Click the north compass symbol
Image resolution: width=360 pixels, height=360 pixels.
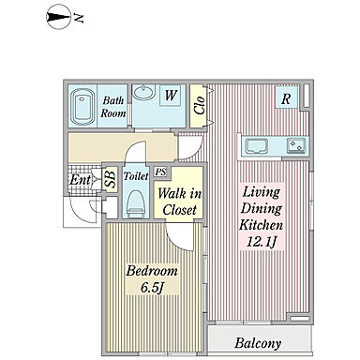pyautogui.click(x=58, y=18)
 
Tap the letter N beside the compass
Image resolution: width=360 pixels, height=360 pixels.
pyautogui.click(x=79, y=19)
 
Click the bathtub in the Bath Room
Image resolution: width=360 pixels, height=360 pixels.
pyautogui.click(x=82, y=107)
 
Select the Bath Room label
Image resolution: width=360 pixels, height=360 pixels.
pyautogui.click(x=112, y=107)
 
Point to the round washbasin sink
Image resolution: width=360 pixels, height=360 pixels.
pyautogui.click(x=143, y=92)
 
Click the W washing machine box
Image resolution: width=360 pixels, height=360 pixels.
pyautogui.click(x=171, y=95)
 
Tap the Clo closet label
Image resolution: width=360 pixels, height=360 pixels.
pyautogui.click(x=199, y=105)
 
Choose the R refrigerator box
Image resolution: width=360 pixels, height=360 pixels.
pyautogui.click(x=286, y=98)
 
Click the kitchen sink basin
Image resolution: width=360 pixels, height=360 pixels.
pyautogui.click(x=257, y=146)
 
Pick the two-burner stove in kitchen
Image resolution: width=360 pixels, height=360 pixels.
pyautogui.click(x=296, y=146)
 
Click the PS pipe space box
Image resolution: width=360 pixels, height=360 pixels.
pyautogui.click(x=161, y=172)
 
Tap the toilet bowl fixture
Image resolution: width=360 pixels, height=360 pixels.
pyautogui.click(x=136, y=203)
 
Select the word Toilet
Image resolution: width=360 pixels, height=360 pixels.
pyautogui.click(x=136, y=176)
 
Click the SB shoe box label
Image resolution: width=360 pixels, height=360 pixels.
pyautogui.click(x=110, y=179)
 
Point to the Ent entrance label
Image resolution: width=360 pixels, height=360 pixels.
pyautogui.click(x=81, y=180)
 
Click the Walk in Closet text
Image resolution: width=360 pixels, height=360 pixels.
pyautogui.click(x=179, y=202)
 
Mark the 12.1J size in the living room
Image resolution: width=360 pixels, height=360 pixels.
pyautogui.click(x=262, y=242)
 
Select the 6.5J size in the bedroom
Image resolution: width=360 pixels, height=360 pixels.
pyautogui.click(x=152, y=287)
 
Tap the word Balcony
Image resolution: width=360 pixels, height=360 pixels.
pyautogui.click(x=258, y=343)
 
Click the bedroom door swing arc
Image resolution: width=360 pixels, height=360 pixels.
pyautogui.click(x=176, y=239)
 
